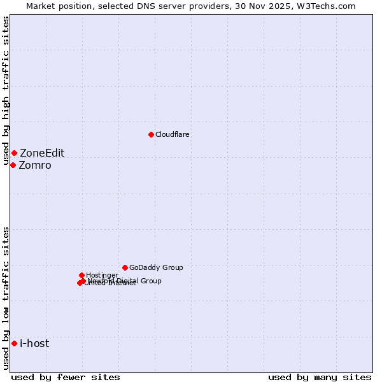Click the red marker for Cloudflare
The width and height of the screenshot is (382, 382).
[151, 134]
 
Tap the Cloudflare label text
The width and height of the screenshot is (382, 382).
[173, 134]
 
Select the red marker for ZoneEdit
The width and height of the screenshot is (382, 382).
[14, 153]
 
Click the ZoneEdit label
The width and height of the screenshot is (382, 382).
[42, 153]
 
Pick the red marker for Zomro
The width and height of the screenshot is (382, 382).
[13, 165]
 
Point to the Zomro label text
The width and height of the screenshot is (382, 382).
[35, 165]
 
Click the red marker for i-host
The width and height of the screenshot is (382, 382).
[14, 343]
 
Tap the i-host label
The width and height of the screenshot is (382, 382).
[34, 343]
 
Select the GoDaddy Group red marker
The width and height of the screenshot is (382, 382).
[125, 267]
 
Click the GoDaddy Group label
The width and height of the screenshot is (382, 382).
[156, 267]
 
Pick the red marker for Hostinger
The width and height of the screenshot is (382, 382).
[81, 275]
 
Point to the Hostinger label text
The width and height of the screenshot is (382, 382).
[102, 275]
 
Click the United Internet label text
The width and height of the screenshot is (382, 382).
[110, 283]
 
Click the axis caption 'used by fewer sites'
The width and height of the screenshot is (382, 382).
[66, 377]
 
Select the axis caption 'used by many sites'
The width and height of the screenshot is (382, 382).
[320, 377]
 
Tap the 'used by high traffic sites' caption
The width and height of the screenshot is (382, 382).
[6, 91]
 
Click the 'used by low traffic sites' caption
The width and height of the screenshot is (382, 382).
[6, 298]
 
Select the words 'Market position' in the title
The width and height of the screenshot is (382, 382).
[55, 6]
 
